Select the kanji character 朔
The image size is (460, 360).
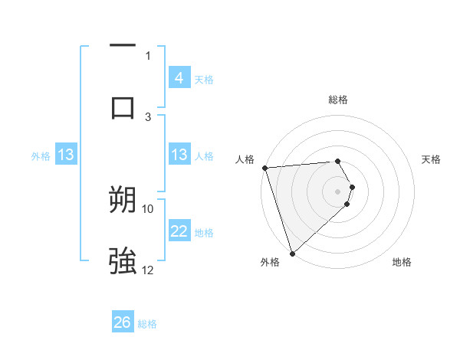[123, 201]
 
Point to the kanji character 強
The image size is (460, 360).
[123, 261]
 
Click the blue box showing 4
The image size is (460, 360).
[179, 77]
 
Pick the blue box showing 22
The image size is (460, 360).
[179, 231]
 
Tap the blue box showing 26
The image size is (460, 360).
[123, 322]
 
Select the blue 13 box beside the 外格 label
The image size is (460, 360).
[66, 155]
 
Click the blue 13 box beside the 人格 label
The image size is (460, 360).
[179, 155]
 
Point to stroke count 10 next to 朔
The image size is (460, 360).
[148, 208]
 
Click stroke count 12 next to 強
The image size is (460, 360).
[148, 270]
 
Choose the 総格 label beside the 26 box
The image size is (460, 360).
[147, 324]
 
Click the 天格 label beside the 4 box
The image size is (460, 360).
[203, 79]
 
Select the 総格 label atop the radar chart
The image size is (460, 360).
[338, 100]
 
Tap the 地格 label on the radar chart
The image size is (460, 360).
[402, 262]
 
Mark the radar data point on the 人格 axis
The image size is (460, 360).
[264, 168]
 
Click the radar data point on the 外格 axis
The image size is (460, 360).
[292, 253]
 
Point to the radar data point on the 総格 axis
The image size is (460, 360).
[338, 161]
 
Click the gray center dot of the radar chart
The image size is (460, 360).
[338, 191]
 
